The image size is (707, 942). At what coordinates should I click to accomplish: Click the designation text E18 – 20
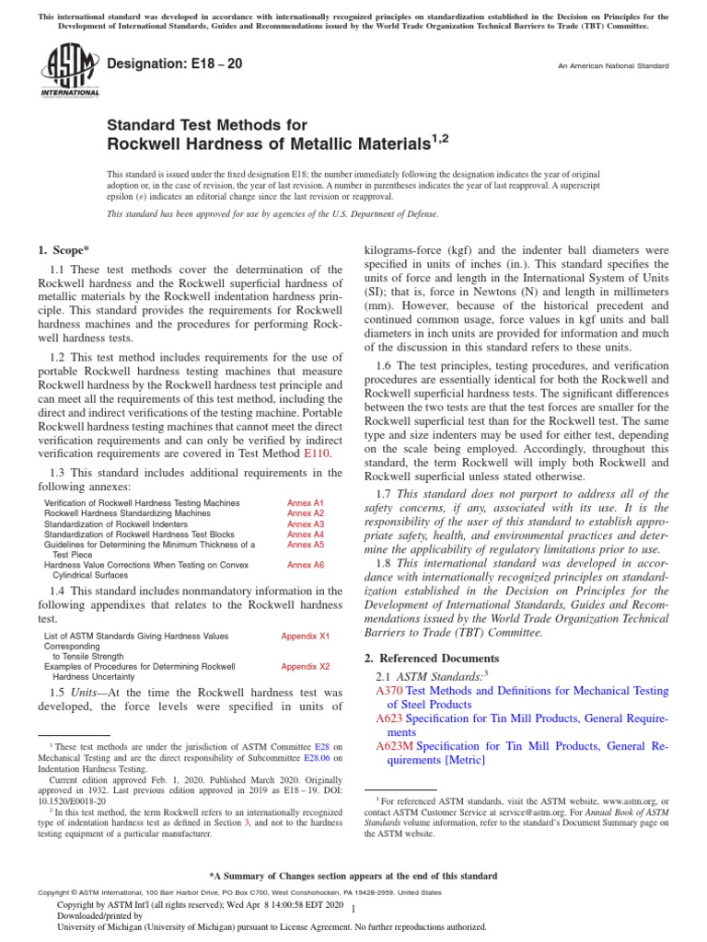pos(176,65)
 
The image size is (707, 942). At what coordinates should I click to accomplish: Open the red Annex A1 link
pos(306,503)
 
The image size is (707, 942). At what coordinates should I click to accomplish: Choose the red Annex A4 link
pos(306,534)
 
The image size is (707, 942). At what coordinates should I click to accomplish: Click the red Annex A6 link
pos(306,565)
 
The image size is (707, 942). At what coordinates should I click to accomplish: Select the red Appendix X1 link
pos(305,636)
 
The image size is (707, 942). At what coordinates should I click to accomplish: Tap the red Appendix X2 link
pos(305,665)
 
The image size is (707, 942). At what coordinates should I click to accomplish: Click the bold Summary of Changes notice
pos(353,876)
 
